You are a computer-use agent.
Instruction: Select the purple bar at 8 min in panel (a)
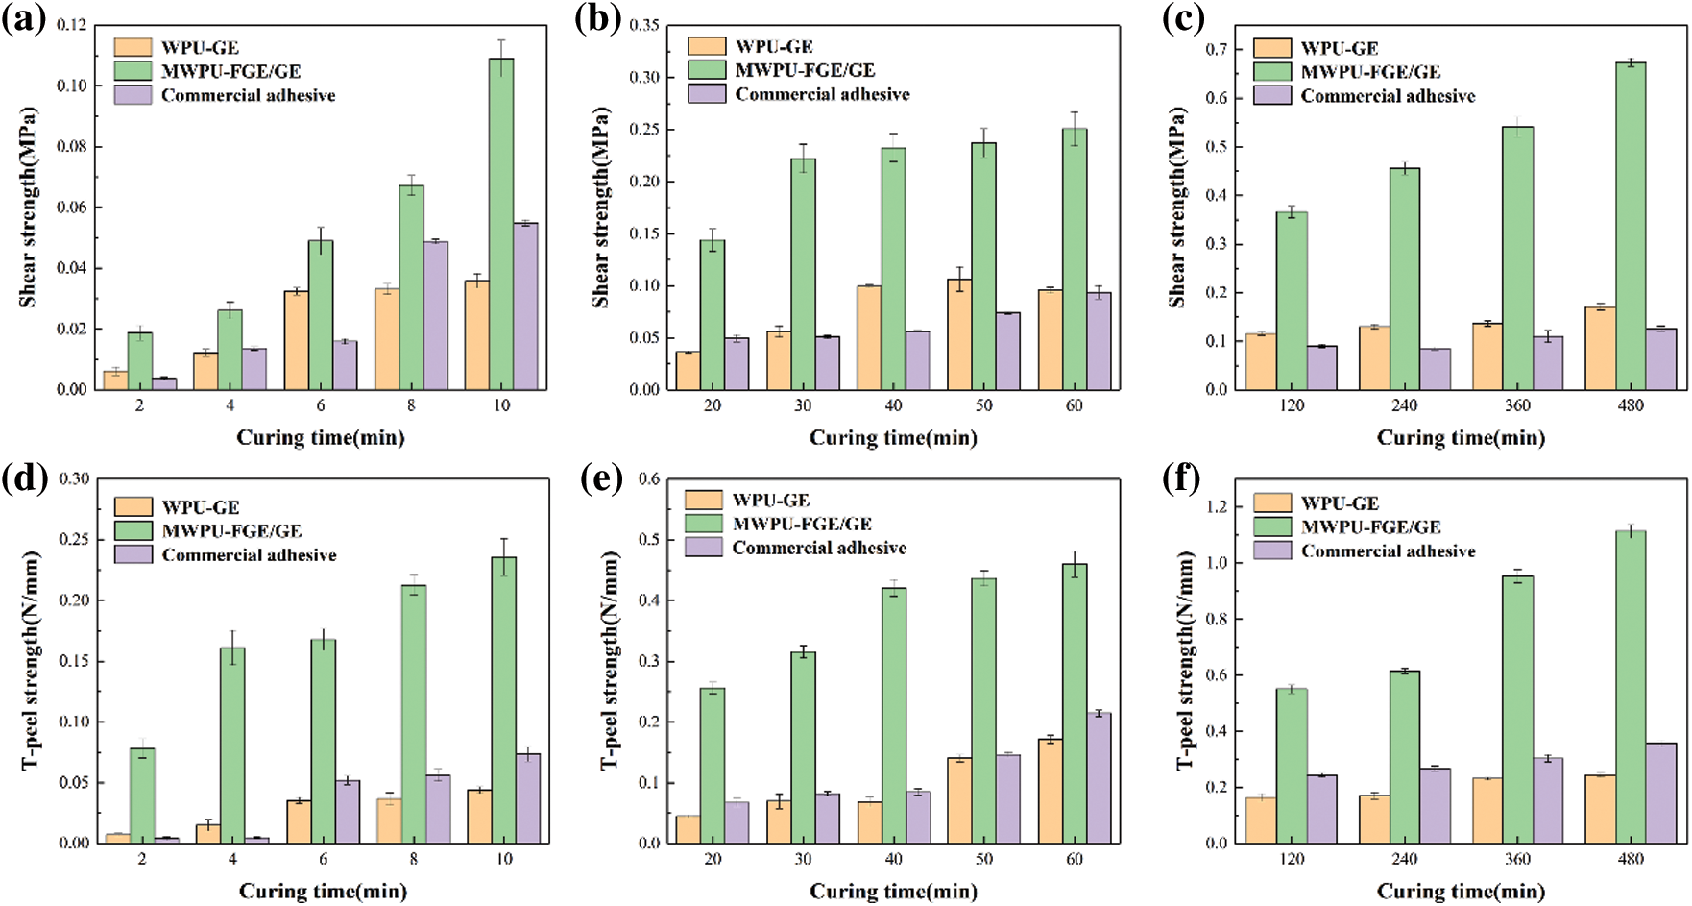pos(436,315)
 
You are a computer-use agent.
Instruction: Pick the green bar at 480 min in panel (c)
pos(1631,226)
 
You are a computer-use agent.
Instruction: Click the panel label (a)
pos(24,18)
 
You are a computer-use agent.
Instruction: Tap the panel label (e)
pos(603,477)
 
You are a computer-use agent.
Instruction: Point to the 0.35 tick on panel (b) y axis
pos(644,25)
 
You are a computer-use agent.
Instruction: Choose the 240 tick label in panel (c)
pos(1405,405)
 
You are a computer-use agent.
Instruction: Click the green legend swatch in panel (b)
pos(707,70)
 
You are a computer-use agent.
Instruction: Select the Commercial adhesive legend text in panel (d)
pos(249,555)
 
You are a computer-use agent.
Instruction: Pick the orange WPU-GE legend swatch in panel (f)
pos(1272,502)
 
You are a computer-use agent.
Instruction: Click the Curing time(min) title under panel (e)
pos(893,892)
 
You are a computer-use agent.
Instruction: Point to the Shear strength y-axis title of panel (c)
pos(1178,207)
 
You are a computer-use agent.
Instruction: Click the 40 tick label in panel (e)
pos(893,859)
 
